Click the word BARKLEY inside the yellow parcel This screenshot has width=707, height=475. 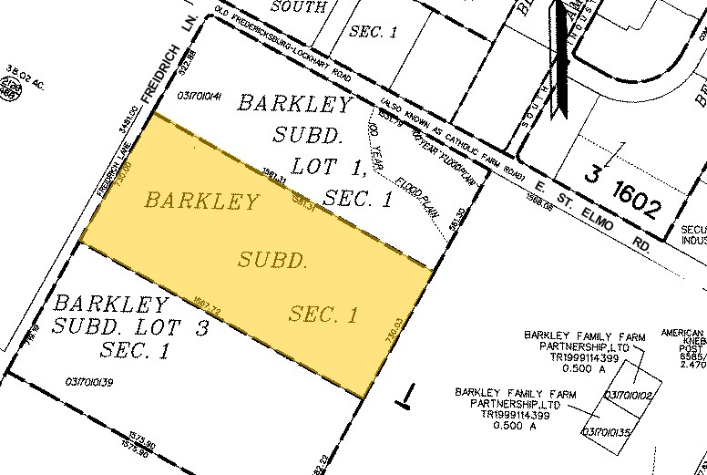coord(201,201)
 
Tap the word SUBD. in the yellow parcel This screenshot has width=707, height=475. coord(271,261)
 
